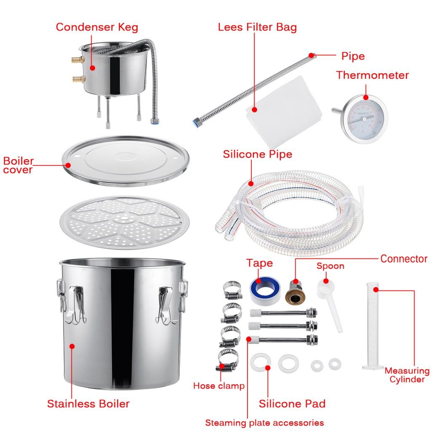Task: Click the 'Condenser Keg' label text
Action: point(97,27)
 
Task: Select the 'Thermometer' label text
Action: point(372,75)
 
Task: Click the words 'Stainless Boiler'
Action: point(88,404)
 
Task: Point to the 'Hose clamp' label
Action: point(218,386)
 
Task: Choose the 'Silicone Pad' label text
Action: point(292,404)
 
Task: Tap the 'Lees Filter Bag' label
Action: point(257,27)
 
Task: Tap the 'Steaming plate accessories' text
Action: point(264,423)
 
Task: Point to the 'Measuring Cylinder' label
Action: point(407,375)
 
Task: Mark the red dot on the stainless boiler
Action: point(72,346)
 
